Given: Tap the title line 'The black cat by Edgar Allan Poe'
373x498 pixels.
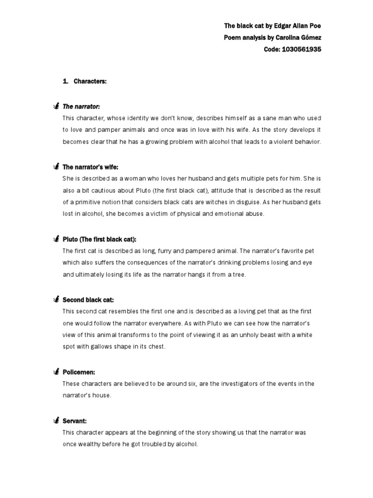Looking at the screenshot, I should pyautogui.click(x=272, y=26).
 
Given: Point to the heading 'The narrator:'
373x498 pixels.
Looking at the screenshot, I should pyautogui.click(x=81, y=107).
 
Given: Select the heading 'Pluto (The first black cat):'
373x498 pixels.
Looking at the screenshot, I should pyautogui.click(x=100, y=239).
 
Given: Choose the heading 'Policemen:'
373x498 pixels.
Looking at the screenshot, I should pyautogui.click(x=78, y=372).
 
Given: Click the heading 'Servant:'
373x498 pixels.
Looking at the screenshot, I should pyautogui.click(x=74, y=420).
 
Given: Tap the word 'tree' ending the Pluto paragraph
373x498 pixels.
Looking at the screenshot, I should pyautogui.click(x=240, y=275).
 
